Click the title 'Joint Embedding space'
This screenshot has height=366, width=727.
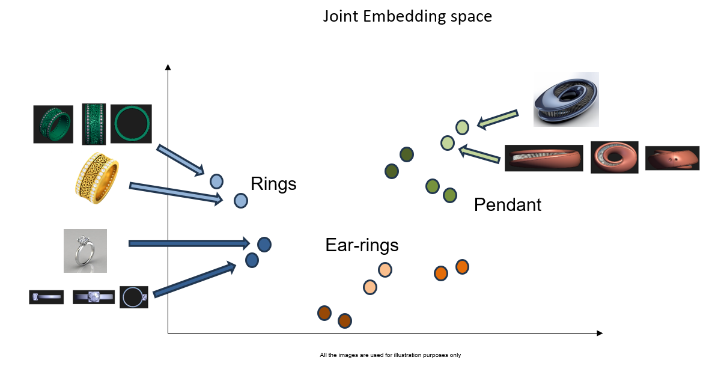[407, 16]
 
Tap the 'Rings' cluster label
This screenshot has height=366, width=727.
[273, 183]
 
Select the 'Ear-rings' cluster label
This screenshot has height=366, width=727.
[362, 245]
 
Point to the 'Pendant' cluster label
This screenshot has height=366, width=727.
[507, 205]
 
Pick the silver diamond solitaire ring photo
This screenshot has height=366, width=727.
[85, 251]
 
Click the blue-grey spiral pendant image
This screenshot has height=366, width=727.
[566, 100]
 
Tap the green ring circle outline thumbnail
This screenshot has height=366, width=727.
[131, 123]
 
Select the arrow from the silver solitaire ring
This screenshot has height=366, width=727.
[189, 243]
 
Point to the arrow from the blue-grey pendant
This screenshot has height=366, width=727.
[497, 118]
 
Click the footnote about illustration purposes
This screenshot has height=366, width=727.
[390, 355]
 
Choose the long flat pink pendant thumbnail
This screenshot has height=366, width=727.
[544, 158]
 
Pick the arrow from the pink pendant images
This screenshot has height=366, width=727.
[479, 154]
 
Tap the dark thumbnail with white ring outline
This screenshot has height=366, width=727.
[134, 297]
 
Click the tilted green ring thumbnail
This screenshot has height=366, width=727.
[53, 124]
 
